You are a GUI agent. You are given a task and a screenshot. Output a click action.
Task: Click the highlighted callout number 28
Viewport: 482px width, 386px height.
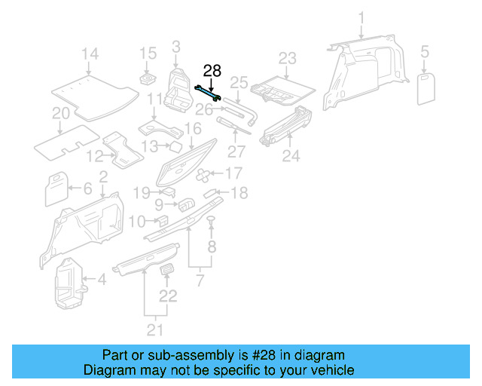(212, 71)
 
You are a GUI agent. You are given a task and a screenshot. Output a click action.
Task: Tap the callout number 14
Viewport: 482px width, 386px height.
(90, 54)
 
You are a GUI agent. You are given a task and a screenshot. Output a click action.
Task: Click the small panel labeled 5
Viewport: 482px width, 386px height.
(425, 85)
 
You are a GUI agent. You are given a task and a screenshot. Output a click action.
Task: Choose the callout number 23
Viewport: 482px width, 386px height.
(288, 58)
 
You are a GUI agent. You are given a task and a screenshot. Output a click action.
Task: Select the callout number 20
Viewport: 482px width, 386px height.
(60, 114)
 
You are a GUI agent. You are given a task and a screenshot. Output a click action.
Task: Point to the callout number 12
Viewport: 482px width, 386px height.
(94, 157)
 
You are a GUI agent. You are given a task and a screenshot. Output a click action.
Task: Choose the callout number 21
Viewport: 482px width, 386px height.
(154, 329)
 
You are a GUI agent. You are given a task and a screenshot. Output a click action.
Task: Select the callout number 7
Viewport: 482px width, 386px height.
(200, 282)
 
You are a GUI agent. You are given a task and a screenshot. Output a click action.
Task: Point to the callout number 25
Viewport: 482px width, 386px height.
(239, 81)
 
